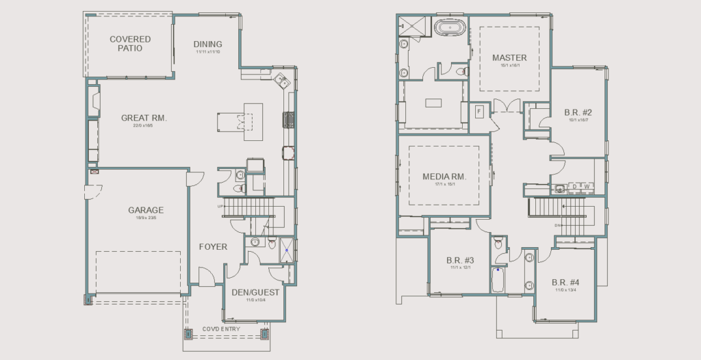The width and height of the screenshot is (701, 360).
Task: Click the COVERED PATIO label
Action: click(130, 44)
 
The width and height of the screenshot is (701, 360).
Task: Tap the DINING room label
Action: click(207, 44)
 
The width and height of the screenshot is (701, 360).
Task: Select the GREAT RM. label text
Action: click(144, 118)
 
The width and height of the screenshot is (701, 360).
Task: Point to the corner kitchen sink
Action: click(281, 80)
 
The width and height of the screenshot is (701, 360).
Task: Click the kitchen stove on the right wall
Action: click(289, 120)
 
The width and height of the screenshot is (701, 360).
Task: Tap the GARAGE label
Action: click(146, 210)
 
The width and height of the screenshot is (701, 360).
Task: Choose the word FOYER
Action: click(213, 246)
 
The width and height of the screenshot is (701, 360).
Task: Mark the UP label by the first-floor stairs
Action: click(220, 207)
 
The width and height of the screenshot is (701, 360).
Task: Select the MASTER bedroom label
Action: click(509, 57)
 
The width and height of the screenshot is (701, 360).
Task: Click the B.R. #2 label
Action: click(578, 112)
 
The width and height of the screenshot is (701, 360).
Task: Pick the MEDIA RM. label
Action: click(444, 177)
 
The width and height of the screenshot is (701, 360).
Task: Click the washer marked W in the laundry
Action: click(586, 186)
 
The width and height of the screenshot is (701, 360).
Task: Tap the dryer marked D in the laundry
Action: click(574, 186)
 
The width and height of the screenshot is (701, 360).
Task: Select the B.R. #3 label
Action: click(460, 260)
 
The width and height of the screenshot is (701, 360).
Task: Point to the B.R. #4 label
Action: click(565, 282)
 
